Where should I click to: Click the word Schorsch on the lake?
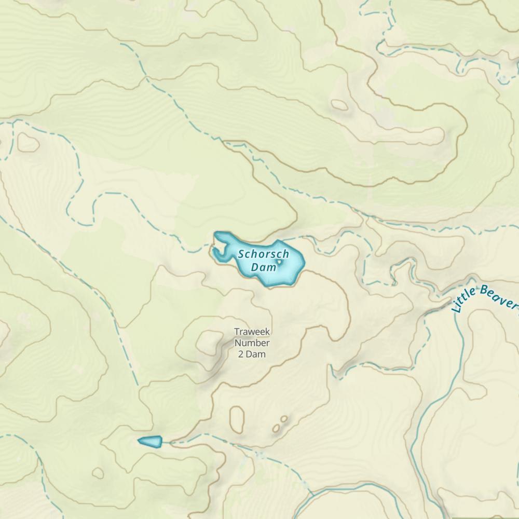(x=264, y=255)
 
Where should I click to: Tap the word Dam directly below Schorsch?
(x=264, y=268)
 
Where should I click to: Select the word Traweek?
(x=252, y=332)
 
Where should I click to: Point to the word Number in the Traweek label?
(x=252, y=343)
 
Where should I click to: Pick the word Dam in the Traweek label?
(x=257, y=354)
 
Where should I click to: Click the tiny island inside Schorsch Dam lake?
(x=280, y=262)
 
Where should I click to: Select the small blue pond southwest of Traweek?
(x=150, y=441)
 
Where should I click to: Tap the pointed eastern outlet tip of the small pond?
(x=161, y=442)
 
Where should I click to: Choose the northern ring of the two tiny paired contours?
(x=284, y=418)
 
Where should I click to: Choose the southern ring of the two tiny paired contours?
(x=276, y=429)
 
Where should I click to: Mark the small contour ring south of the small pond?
(x=98, y=473)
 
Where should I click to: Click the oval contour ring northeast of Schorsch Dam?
(x=339, y=105)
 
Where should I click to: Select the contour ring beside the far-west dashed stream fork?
(x=28, y=142)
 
